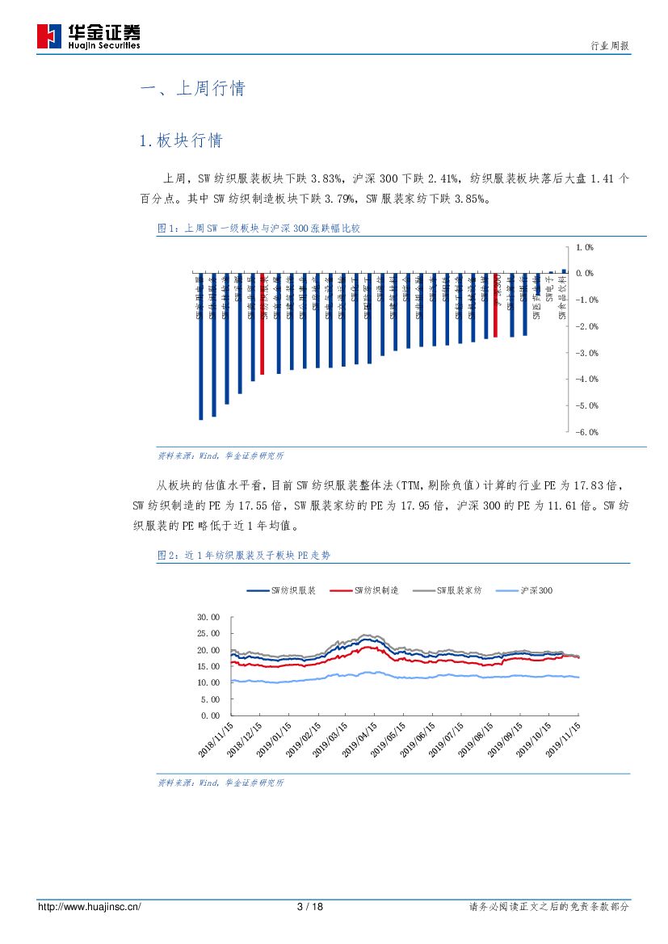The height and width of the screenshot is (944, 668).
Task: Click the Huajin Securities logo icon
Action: [49, 36]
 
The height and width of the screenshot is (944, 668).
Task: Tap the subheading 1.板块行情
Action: [181, 141]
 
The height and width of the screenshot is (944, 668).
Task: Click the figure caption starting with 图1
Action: [258, 229]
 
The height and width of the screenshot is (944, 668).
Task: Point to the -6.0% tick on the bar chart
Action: [586, 432]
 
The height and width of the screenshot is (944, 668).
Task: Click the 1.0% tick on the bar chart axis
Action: [584, 248]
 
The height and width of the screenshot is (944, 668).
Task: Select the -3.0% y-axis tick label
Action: [586, 353]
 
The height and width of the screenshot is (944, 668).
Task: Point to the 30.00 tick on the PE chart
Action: [208, 617]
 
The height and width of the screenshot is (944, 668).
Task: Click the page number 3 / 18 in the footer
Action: [310, 907]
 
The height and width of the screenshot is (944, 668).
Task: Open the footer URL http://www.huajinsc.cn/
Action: [90, 907]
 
